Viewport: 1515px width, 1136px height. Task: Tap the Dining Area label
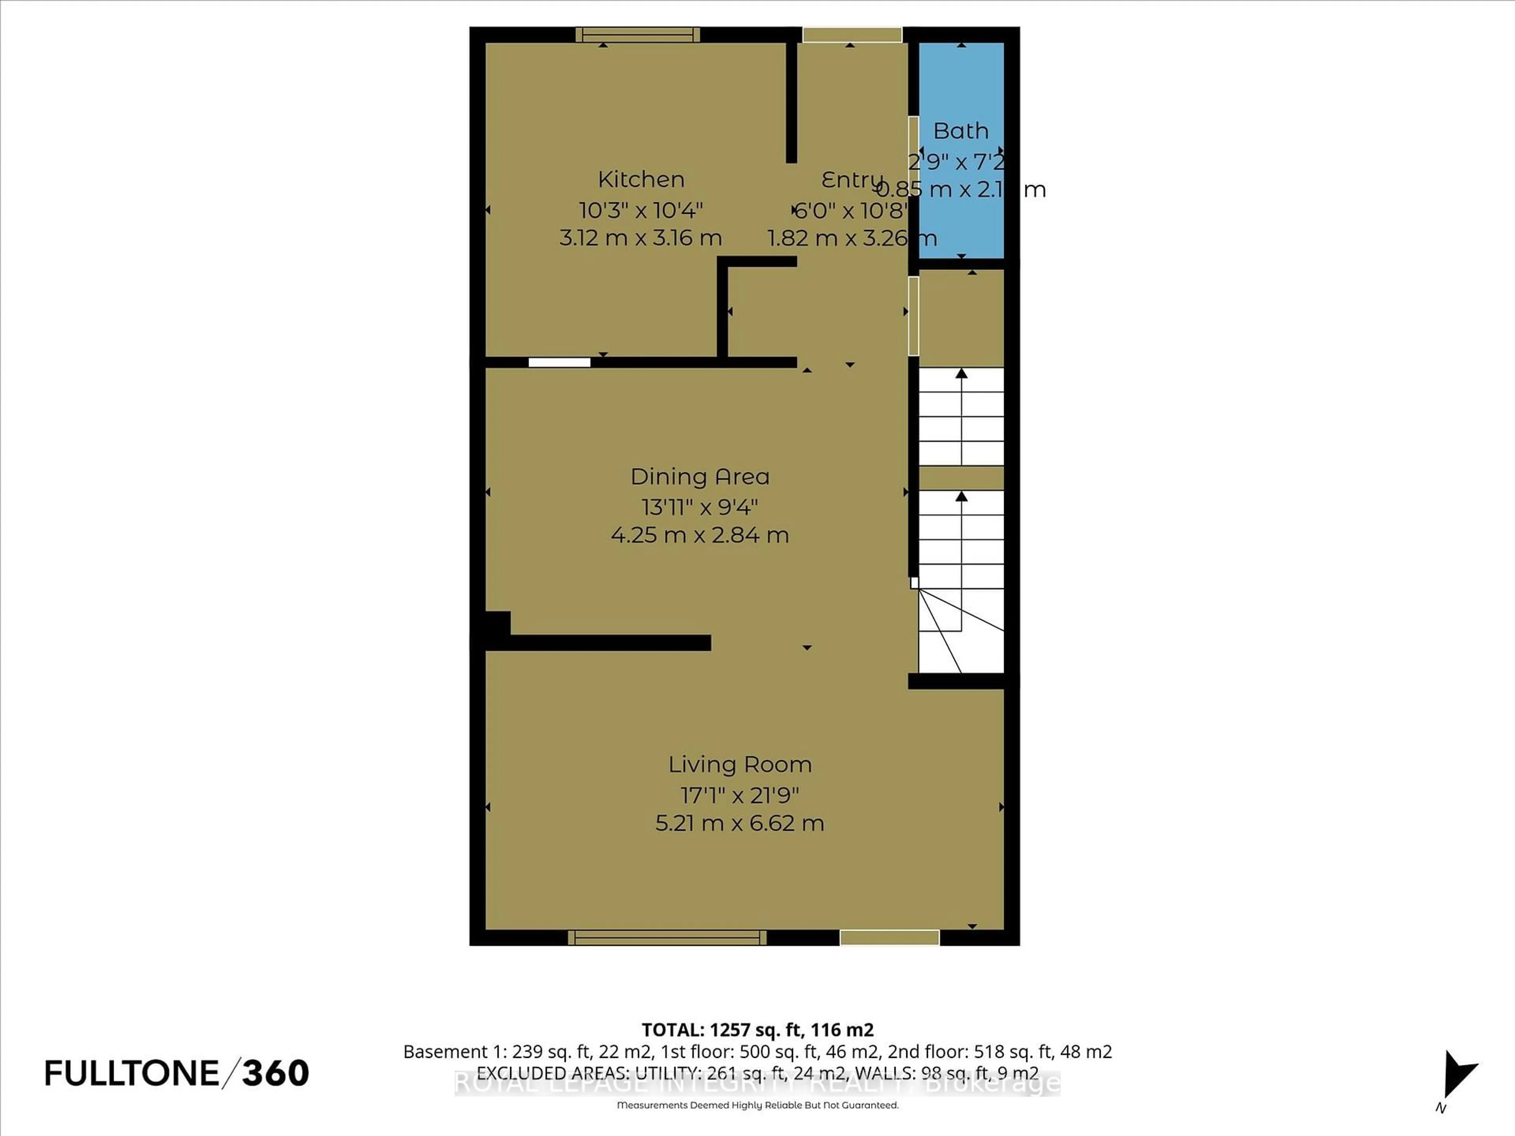[x=699, y=476]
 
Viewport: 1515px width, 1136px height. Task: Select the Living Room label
[x=740, y=764]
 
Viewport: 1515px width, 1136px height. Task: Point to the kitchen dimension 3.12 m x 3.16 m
[x=640, y=237]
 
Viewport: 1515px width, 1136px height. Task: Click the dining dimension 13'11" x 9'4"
[x=699, y=507]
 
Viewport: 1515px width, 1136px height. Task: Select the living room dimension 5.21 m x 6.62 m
[x=740, y=822]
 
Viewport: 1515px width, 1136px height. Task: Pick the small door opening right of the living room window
[x=889, y=938]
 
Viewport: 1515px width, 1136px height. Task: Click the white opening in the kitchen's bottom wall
[x=559, y=362]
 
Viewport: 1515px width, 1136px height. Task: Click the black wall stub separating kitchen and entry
[x=791, y=103]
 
